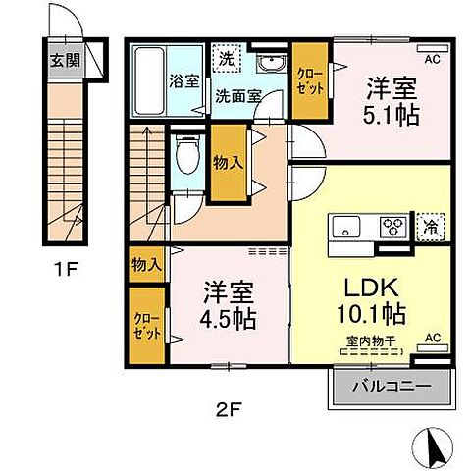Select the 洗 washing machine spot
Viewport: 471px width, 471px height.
(226, 58)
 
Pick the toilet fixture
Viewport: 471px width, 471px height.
(183, 153)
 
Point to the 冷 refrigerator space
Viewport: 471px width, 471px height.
(430, 228)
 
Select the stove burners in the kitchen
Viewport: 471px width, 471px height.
(394, 227)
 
